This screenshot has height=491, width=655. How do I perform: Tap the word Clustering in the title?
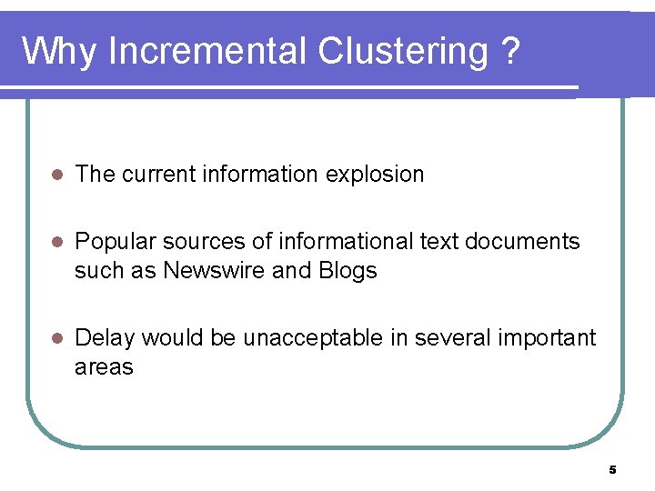coord(403,52)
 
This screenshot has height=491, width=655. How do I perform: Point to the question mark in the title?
coord(511,52)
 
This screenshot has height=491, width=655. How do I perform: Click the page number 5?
coord(612,469)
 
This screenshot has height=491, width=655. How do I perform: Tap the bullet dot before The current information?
coord(55,175)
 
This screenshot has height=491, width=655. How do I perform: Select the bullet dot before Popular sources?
coord(55,242)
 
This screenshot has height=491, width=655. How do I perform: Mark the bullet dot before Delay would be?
coord(55,338)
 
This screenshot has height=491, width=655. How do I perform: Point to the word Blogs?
coord(348,271)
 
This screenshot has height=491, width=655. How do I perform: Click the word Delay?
coord(104,338)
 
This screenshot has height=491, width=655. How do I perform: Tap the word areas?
coord(104,367)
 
